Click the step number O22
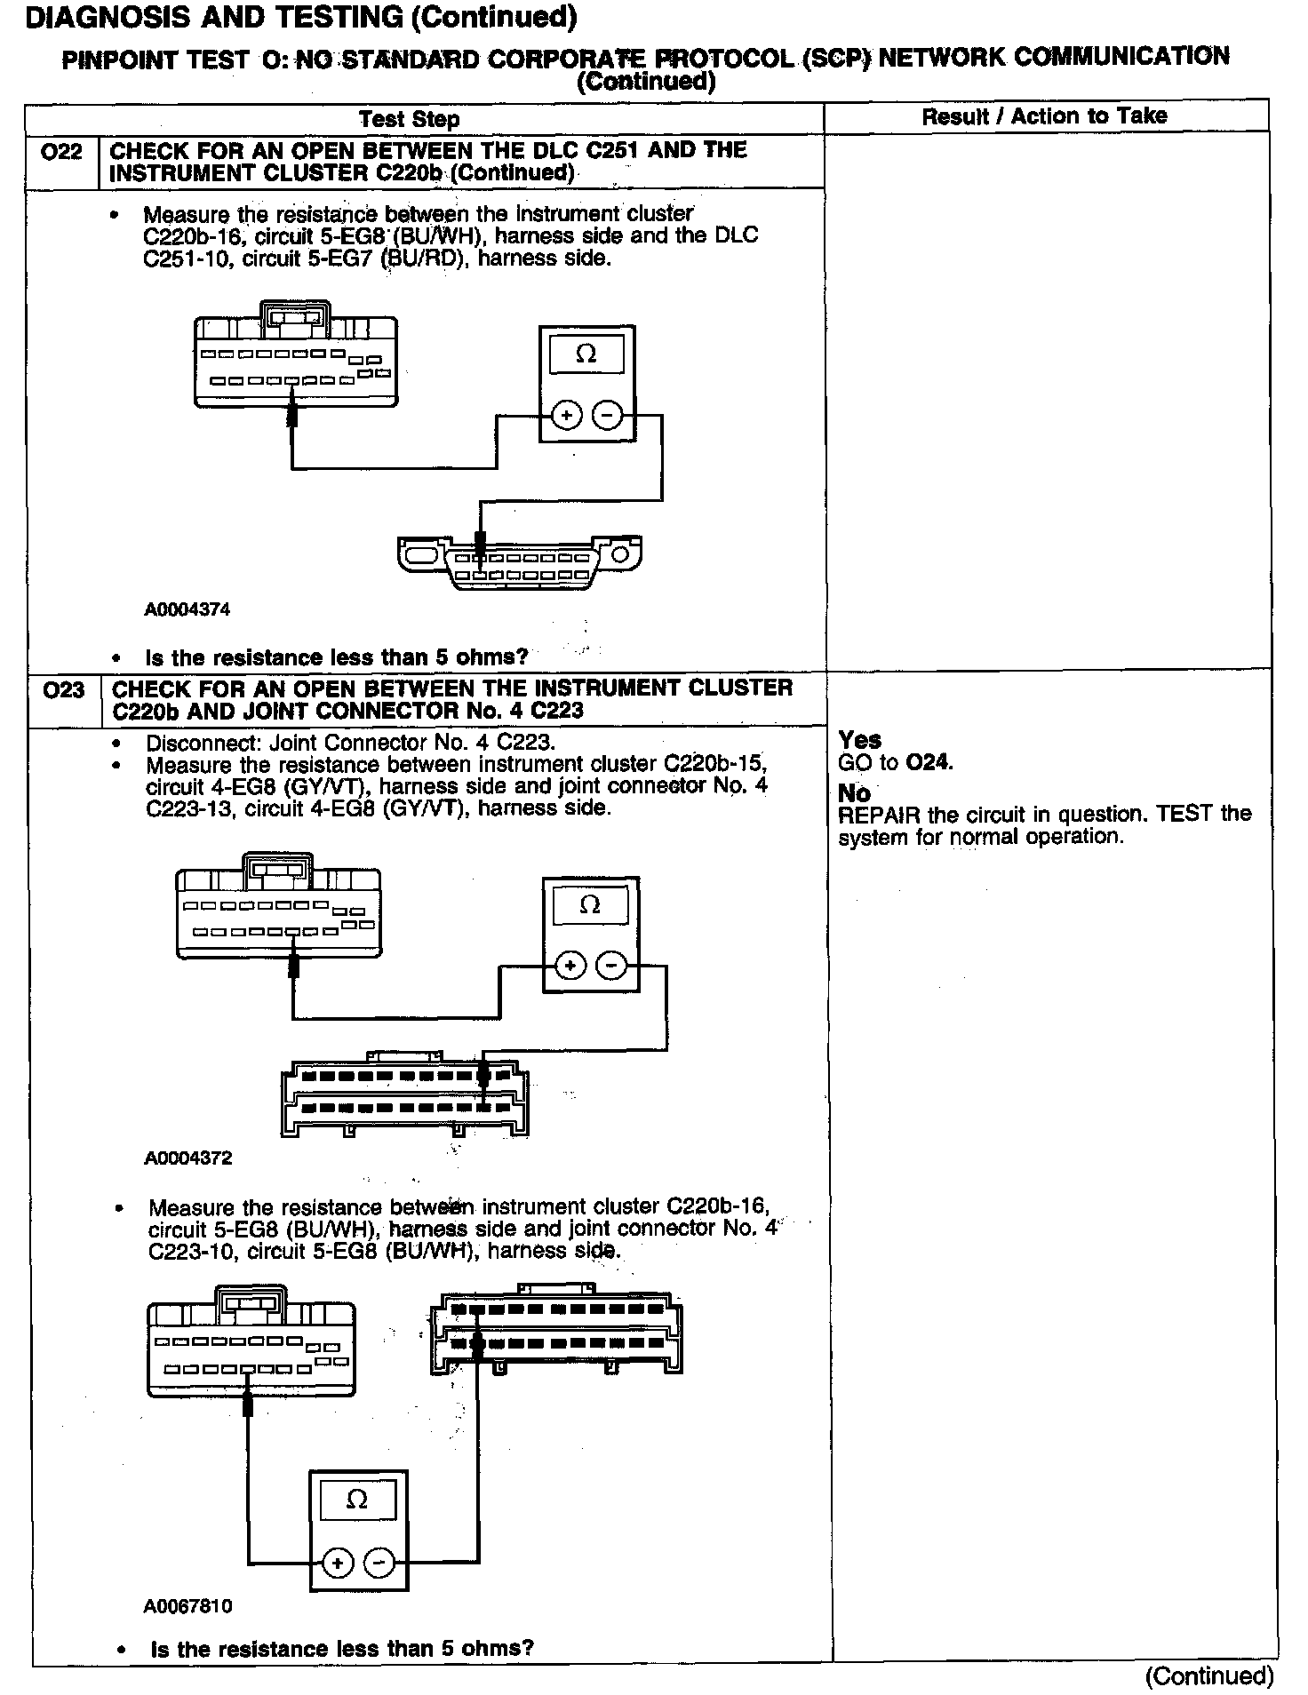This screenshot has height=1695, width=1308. [x=61, y=152]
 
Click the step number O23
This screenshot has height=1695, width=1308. [x=63, y=689]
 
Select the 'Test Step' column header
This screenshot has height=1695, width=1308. [x=409, y=119]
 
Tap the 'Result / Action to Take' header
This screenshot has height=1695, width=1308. [x=1044, y=115]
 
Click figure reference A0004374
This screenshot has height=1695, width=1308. [x=187, y=609]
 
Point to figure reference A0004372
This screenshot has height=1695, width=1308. [x=187, y=1158]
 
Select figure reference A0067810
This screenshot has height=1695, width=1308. [x=187, y=1606]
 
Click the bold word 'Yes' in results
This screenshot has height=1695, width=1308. [x=859, y=740]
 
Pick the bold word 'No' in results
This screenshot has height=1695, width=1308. [x=854, y=792]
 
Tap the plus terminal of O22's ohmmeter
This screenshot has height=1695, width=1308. [x=566, y=414]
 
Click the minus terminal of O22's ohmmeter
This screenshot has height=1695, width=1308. [x=608, y=414]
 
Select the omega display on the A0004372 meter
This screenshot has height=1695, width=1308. [x=590, y=905]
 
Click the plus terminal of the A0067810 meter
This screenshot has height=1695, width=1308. [x=337, y=1563]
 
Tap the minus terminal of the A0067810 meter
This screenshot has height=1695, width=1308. [x=379, y=1563]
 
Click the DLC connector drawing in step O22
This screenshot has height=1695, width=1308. [x=520, y=561]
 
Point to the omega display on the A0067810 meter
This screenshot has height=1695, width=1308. [x=357, y=1500]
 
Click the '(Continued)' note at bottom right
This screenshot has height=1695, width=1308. [x=1209, y=1675]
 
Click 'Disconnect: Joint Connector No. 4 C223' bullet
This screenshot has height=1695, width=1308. [x=350, y=743]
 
